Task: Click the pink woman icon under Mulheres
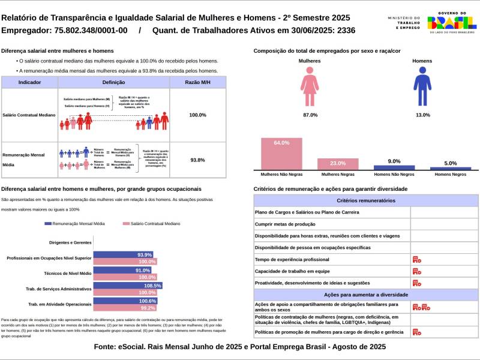coord(310,87)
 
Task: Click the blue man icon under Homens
coord(422,87)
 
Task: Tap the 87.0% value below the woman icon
coord(310,115)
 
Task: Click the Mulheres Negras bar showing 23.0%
coord(338,164)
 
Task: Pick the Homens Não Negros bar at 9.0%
coord(394,168)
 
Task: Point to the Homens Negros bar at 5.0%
coord(450,169)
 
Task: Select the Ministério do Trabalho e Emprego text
coord(404,23)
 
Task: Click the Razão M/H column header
coord(197,82)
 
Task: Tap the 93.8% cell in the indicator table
coord(197,160)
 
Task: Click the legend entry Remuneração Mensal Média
coord(74,223)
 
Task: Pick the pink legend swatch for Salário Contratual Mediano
coord(125,223)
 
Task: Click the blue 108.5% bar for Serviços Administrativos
coord(128,286)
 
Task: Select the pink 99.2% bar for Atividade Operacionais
coord(125,308)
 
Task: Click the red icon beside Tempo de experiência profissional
coord(417,259)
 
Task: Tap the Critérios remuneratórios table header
coord(366,200)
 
